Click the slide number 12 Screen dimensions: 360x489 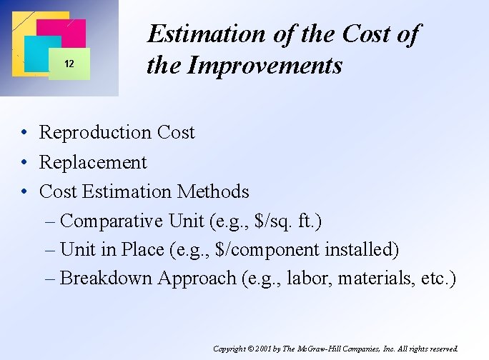69,64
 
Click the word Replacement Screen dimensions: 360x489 93,162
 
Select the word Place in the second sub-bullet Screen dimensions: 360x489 142,249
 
